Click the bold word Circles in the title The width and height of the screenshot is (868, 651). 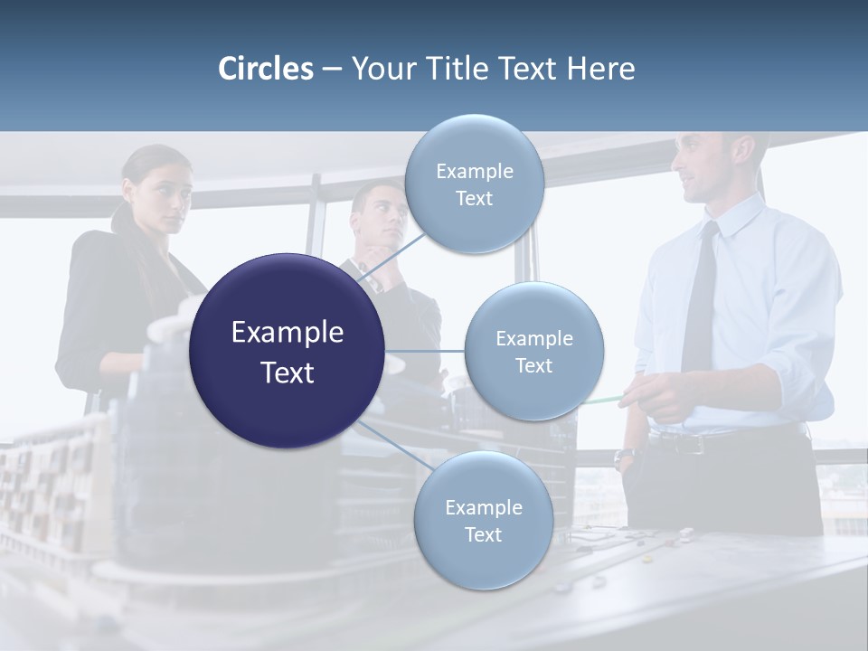pyautogui.click(x=266, y=69)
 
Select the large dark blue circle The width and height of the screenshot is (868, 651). pyautogui.click(x=287, y=351)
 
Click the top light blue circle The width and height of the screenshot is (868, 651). pyautogui.click(x=474, y=184)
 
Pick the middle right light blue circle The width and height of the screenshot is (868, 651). pyautogui.click(x=533, y=352)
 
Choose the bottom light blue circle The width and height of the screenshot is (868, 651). pyautogui.click(x=483, y=521)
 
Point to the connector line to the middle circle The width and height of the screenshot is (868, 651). pyautogui.click(x=424, y=351)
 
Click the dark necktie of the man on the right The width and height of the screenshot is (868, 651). pyautogui.click(x=702, y=298)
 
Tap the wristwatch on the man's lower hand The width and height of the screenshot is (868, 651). pyautogui.click(x=623, y=458)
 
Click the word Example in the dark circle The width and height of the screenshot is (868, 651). pyautogui.click(x=287, y=333)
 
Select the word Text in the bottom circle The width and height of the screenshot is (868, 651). pyautogui.click(x=483, y=534)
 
